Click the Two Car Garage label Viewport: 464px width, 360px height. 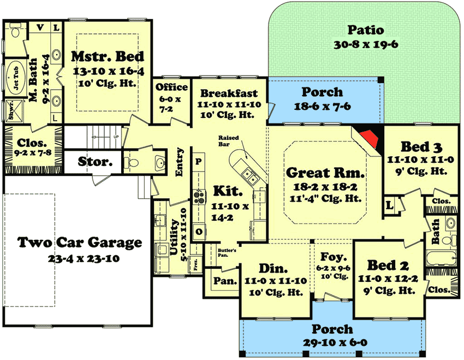tap(80, 242)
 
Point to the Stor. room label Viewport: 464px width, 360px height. tap(96, 162)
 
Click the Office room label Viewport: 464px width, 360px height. tap(172, 87)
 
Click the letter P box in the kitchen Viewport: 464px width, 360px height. tap(199, 162)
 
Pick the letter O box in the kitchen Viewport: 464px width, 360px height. tap(199, 232)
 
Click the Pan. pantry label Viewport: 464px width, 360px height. tap(225, 281)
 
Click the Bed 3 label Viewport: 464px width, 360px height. tap(421, 147)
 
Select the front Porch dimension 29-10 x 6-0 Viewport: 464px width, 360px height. tap(332, 343)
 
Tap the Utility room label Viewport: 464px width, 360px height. tap(174, 237)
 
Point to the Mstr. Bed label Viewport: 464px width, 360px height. tap(108, 56)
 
